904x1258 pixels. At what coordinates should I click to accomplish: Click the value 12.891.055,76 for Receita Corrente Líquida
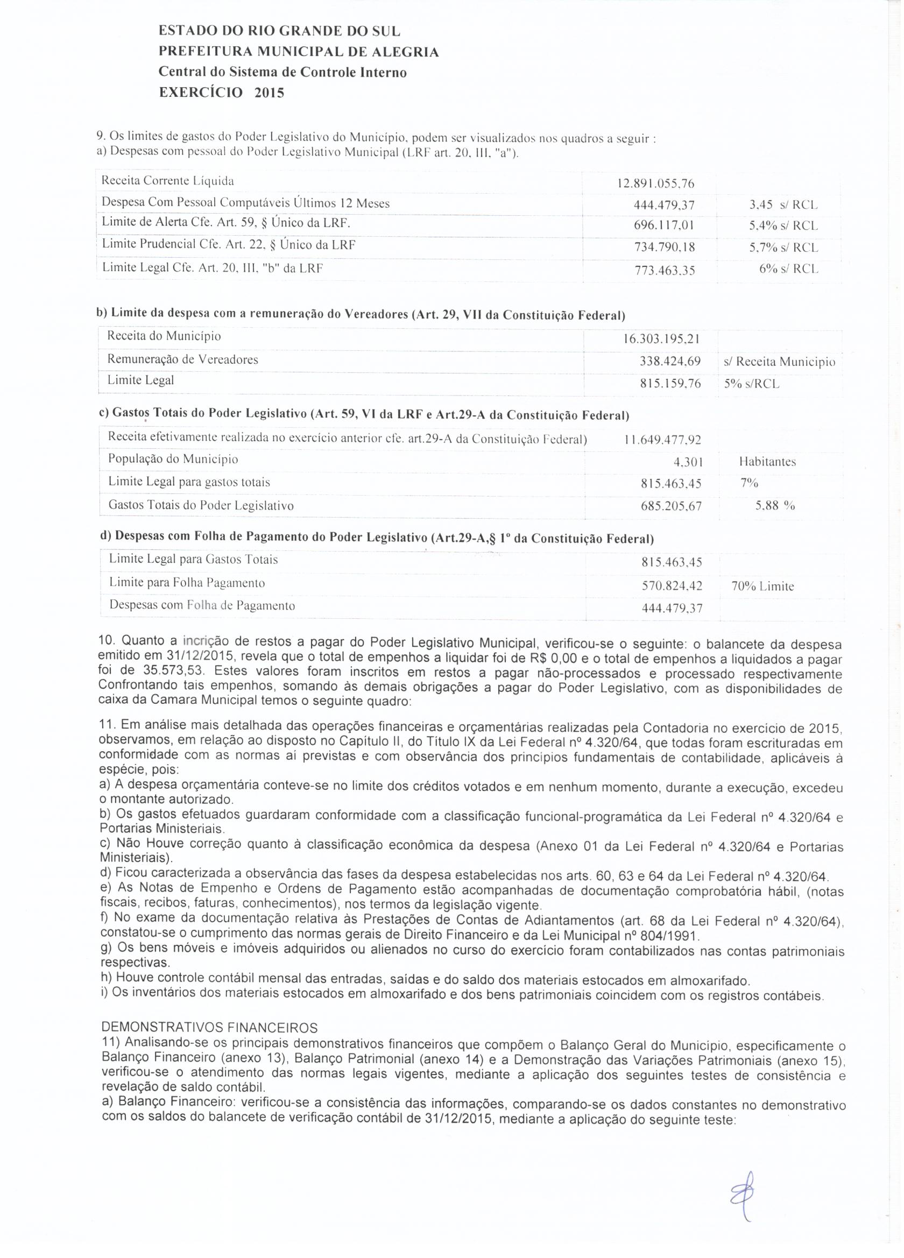tap(655, 183)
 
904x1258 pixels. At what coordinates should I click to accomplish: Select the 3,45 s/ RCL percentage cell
tap(783, 204)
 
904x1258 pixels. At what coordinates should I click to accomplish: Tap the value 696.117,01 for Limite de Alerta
tap(664, 226)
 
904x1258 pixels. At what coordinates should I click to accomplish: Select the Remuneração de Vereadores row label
tap(182, 359)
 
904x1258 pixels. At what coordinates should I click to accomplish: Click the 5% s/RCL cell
tap(752, 384)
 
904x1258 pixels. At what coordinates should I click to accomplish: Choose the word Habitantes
tap(767, 462)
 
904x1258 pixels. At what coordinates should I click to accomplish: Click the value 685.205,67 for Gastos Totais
tap(670, 506)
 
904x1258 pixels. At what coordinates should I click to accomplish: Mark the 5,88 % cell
tap(775, 505)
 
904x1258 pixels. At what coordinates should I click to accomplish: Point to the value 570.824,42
tap(671, 585)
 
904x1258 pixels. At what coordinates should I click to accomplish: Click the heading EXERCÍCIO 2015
tap(221, 92)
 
